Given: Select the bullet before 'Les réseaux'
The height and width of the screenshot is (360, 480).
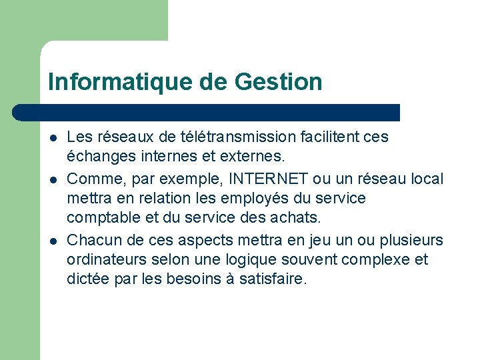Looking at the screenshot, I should tap(53, 138).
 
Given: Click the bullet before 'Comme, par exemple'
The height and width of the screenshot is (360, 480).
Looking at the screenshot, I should tap(53, 179).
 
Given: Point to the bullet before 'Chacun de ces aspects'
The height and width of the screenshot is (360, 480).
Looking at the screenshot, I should tap(53, 239).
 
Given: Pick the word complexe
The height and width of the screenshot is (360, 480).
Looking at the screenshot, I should tap(376, 259).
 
